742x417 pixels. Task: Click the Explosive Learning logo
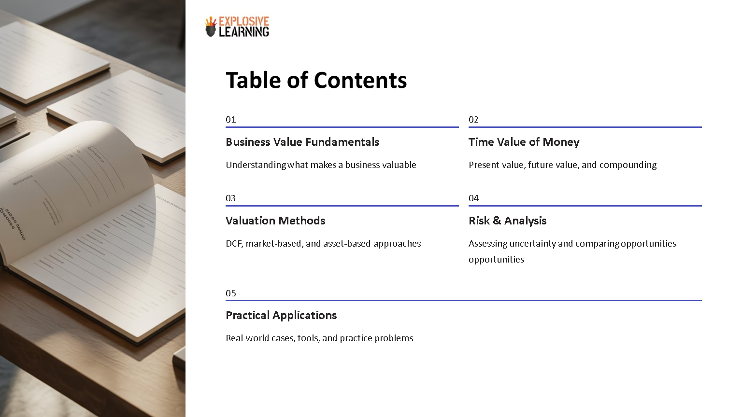click(x=237, y=27)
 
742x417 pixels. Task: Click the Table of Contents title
click(x=316, y=80)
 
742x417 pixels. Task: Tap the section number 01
click(x=231, y=120)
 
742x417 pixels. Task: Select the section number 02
click(x=473, y=120)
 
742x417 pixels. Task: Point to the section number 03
click(x=231, y=198)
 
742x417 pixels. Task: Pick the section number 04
click(x=473, y=198)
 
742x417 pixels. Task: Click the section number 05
click(x=231, y=293)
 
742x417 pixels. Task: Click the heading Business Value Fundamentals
click(x=302, y=142)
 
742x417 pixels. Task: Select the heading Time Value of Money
click(x=524, y=142)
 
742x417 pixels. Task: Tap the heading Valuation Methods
click(x=275, y=221)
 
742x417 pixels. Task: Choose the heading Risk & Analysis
click(x=507, y=221)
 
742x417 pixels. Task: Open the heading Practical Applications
click(x=281, y=315)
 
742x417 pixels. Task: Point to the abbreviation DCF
click(x=234, y=244)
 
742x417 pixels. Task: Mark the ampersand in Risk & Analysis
click(x=497, y=221)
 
